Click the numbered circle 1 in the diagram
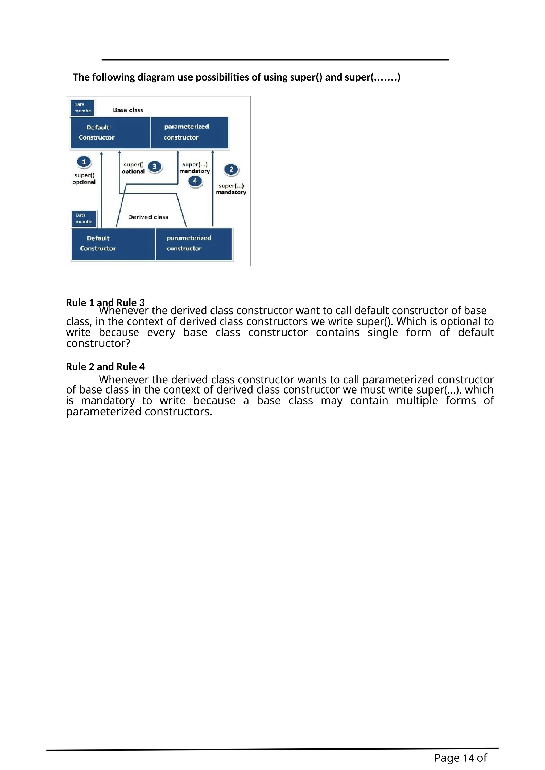click(84, 162)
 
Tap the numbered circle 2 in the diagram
click(231, 169)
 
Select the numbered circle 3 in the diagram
click(154, 166)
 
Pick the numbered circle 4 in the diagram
click(195, 181)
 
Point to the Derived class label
click(148, 217)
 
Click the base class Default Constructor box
click(110, 133)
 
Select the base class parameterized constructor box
click(190, 133)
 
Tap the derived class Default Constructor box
click(113, 244)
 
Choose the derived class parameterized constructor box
click(194, 244)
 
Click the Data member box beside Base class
click(82, 108)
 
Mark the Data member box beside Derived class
click(84, 218)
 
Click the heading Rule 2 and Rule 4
click(105, 367)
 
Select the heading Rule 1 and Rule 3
click(105, 303)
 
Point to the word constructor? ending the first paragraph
click(98, 344)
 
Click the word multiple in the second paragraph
click(417, 400)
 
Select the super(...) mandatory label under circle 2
click(231, 189)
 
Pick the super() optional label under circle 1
click(84, 179)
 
